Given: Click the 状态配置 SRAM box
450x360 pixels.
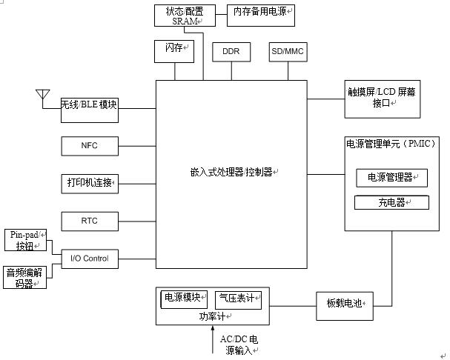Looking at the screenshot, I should click(x=179, y=16).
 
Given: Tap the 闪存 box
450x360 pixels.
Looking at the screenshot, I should click(x=173, y=50).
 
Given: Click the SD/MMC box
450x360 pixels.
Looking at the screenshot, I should click(x=288, y=52).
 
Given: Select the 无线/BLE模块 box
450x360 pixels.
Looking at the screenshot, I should click(x=89, y=105).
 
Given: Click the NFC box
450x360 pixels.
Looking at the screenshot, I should click(x=89, y=146).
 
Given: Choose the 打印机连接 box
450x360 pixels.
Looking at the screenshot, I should click(x=89, y=182).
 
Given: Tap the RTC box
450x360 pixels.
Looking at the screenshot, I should click(x=89, y=221).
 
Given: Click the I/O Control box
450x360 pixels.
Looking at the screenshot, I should click(x=89, y=259).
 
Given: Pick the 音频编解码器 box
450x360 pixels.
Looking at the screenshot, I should click(x=25, y=277).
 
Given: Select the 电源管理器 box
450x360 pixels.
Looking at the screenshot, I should click(x=391, y=178).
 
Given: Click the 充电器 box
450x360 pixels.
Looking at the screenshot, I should click(x=391, y=202).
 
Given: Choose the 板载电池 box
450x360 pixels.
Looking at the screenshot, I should click(x=344, y=303).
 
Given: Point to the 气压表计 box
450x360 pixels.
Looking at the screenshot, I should click(x=238, y=299).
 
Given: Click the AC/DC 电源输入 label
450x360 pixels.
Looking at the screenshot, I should click(x=239, y=345).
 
